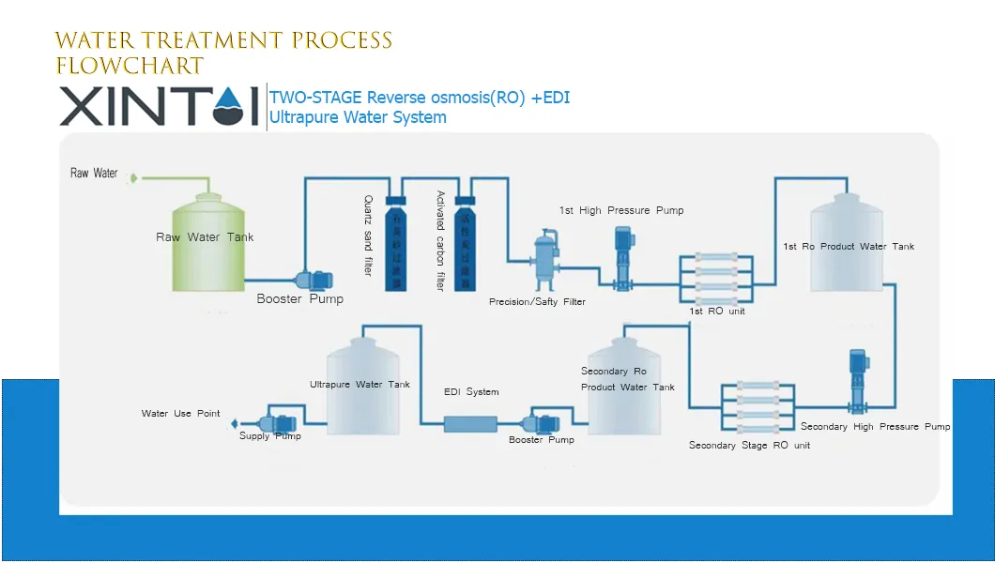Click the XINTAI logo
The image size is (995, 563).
click(x=159, y=106)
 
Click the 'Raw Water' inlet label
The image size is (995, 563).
click(x=94, y=174)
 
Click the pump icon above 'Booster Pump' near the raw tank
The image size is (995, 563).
click(x=314, y=280)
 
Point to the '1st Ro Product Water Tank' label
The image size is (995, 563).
click(x=848, y=247)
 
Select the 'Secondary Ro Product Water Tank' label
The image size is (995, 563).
click(x=627, y=379)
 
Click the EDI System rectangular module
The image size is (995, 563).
click(x=470, y=424)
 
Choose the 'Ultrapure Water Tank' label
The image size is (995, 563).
click(x=360, y=385)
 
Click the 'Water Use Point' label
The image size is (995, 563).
click(x=180, y=414)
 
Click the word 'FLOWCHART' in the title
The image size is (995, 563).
click(x=130, y=67)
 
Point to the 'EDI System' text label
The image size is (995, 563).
click(x=471, y=392)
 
